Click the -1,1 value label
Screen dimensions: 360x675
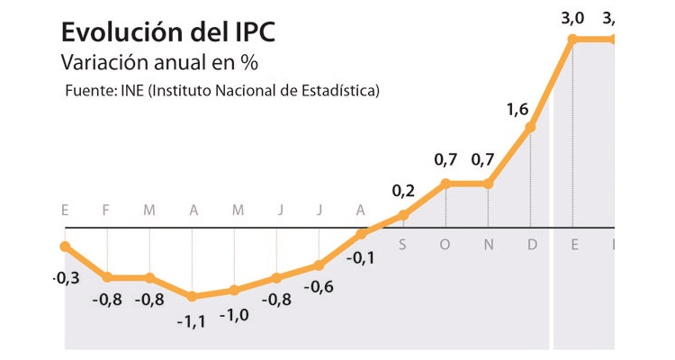tap(192, 321)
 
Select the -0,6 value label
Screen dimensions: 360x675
tap(319, 288)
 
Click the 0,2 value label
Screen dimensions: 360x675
tap(403, 191)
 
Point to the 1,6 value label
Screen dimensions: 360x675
tap(517, 110)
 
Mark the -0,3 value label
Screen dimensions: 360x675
tap(66, 278)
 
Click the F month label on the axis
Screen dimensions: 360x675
tap(106, 211)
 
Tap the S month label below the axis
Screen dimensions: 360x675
tap(402, 244)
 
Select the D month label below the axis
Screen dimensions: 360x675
tap(531, 244)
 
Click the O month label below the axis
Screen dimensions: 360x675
tap(445, 244)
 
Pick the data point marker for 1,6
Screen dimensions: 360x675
tap(530, 127)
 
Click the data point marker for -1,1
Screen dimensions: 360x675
tap(192, 296)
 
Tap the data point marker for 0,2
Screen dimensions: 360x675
tap(403, 215)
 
